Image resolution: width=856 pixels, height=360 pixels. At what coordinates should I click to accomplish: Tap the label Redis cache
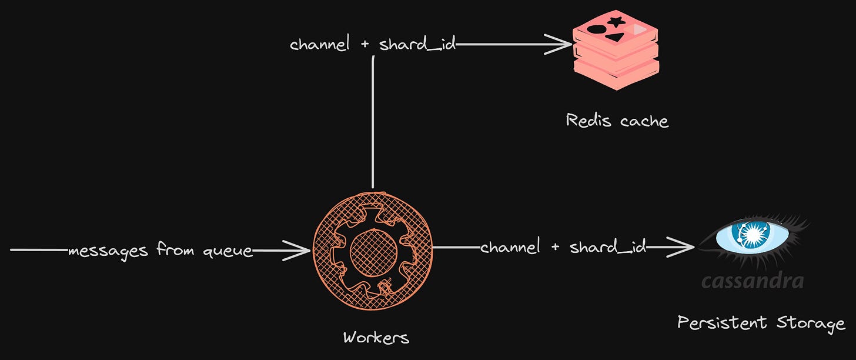tap(617, 121)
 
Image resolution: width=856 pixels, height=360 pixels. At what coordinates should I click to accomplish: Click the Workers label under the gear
tap(376, 338)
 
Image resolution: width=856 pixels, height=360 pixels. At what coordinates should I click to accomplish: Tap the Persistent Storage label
tap(761, 323)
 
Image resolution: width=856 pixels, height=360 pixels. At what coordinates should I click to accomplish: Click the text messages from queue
tap(160, 251)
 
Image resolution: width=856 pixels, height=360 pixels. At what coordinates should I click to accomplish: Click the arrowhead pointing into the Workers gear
tap(300, 251)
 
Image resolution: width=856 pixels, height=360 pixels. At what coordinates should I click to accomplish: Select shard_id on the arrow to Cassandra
tap(608, 248)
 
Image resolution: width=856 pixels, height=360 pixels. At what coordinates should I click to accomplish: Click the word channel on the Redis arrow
tap(320, 45)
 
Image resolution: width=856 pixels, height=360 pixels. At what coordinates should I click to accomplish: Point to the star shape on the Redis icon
tap(616, 22)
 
